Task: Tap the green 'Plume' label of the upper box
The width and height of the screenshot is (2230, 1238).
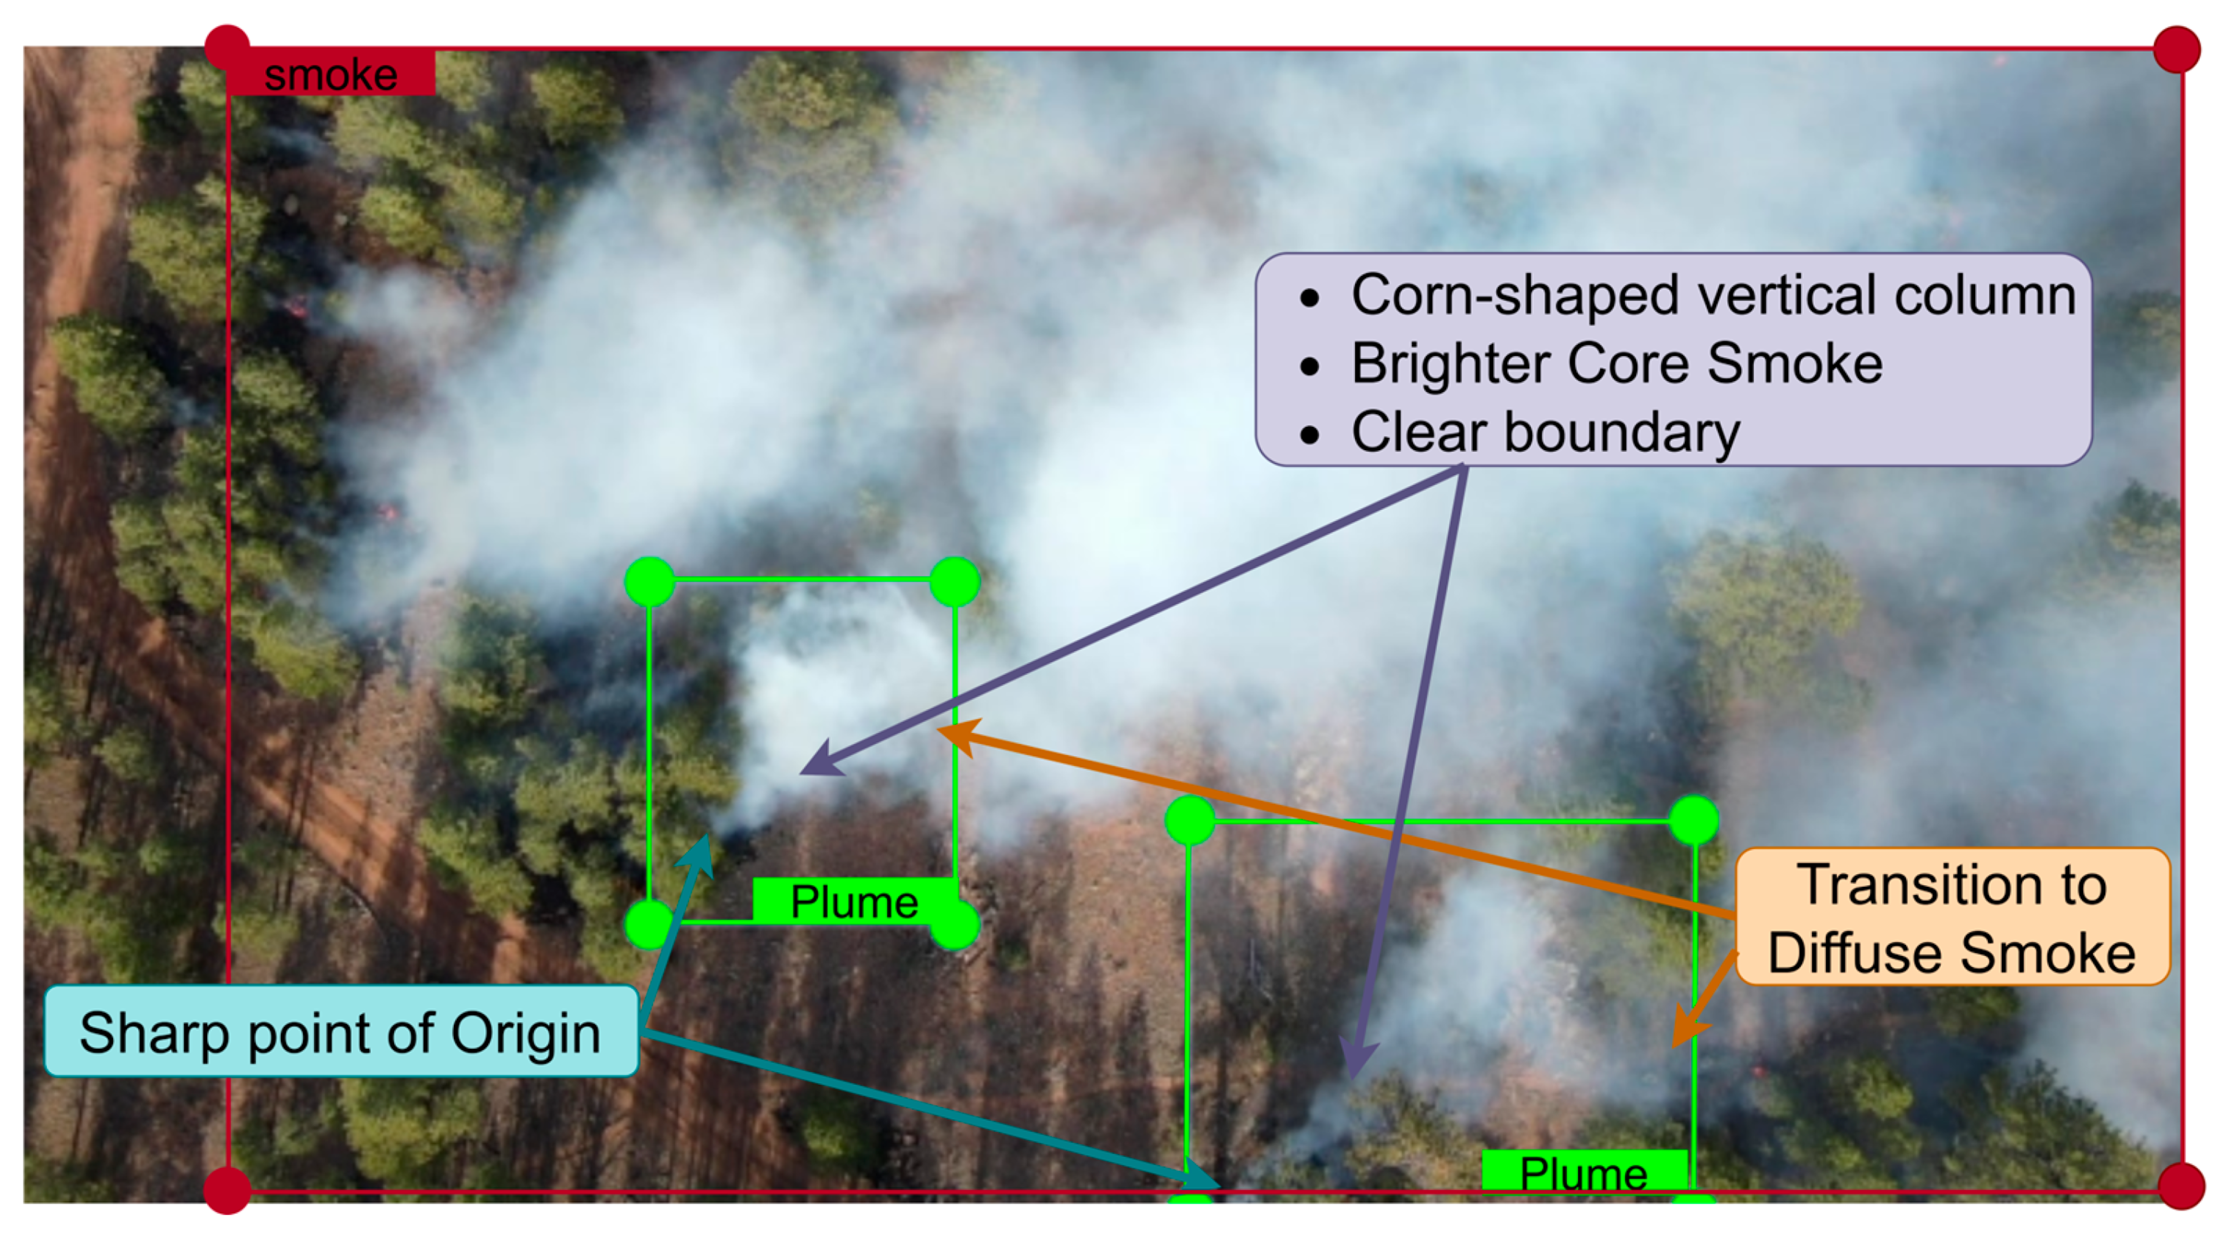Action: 853,901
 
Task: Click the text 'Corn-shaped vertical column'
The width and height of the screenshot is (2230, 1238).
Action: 1712,295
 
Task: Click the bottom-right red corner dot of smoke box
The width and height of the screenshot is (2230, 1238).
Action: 2180,1186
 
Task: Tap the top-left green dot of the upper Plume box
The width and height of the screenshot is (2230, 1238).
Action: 649,581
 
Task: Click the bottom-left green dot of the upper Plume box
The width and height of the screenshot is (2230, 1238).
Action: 649,923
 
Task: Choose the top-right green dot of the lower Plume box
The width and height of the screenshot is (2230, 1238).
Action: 1694,820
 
